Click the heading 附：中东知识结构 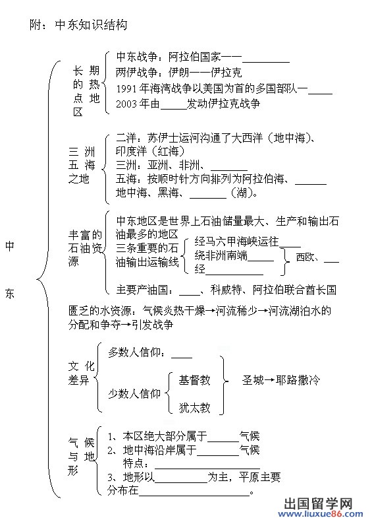point(78,25)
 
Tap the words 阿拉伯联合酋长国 point(294,290)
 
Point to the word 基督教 point(195,380)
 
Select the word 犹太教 point(195,408)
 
